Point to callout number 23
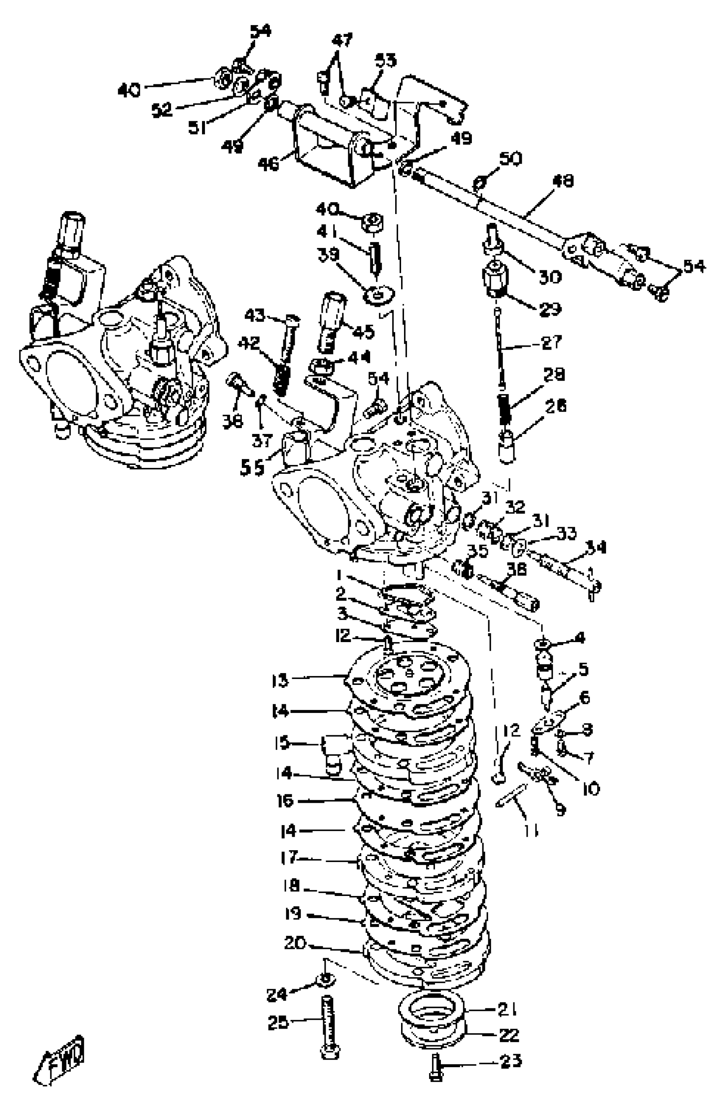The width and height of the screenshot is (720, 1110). pos(510,1060)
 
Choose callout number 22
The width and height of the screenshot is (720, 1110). pos(508,1035)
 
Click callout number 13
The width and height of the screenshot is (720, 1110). pos(280,681)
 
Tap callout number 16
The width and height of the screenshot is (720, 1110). pos(285,801)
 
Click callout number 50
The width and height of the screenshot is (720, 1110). pos(510,159)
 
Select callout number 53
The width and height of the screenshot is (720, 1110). pos(386,61)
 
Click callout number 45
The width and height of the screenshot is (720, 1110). pos(363,331)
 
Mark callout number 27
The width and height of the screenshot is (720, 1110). pos(551,342)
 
